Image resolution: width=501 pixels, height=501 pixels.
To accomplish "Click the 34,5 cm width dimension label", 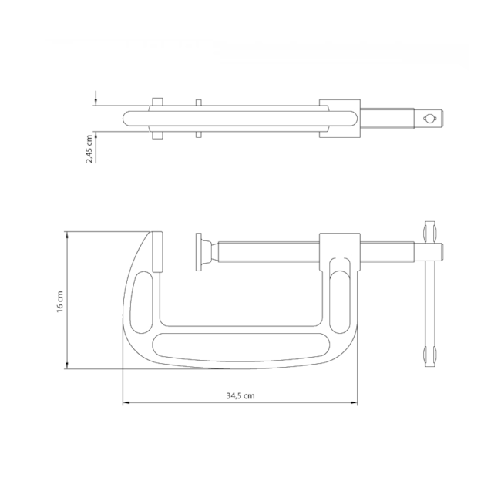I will point(240,395).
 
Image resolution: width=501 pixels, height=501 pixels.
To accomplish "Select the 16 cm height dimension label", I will point(59,300).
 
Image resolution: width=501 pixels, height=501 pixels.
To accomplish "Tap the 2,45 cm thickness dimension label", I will point(89,148).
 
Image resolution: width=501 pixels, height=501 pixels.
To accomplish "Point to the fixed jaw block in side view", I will point(156,251).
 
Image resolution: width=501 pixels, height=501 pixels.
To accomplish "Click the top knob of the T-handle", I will point(430,230).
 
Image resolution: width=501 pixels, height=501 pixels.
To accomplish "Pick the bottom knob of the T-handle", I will point(430,356).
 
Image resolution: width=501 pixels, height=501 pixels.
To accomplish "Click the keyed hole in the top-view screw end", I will point(430,118).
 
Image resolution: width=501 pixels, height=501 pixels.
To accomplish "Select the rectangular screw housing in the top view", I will point(339,118).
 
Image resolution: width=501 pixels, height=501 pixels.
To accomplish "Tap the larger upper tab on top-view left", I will point(157,103).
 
